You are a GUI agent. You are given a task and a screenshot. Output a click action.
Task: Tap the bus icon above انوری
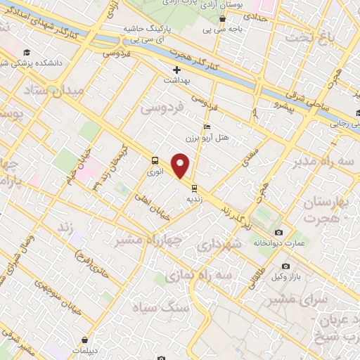pyautogui.click(x=154, y=160)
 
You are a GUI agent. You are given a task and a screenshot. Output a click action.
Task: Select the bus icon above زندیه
pyautogui.click(x=193, y=188)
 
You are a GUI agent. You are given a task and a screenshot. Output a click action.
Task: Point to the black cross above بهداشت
pyautogui.click(x=176, y=70)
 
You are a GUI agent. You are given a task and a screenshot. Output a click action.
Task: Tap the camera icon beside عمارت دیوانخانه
pyautogui.click(x=279, y=233)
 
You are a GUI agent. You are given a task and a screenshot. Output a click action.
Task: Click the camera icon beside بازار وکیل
pyautogui.click(x=285, y=266)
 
